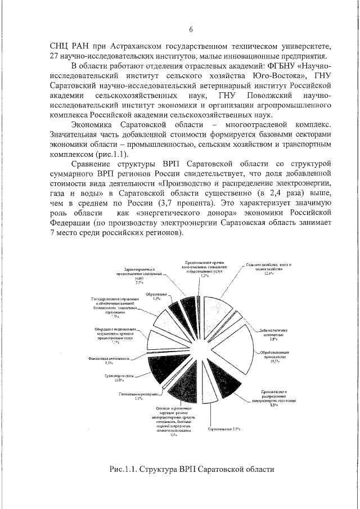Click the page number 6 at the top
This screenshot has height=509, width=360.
pos(191,29)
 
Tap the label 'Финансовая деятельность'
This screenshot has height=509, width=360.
pos(109,358)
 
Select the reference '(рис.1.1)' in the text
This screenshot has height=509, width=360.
pos(112,153)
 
